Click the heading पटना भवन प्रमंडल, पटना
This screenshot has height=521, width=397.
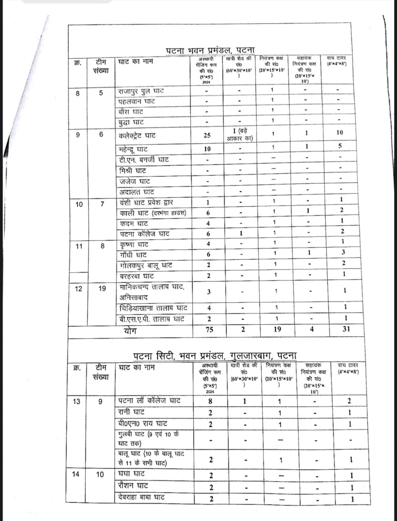pos(210,50)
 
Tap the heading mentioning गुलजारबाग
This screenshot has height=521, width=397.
pos(215,356)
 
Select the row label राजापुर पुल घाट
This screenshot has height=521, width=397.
pos(141,91)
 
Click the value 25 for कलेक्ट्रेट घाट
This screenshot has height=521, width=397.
pos(207,135)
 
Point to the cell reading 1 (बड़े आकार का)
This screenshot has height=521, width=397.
pos(240,135)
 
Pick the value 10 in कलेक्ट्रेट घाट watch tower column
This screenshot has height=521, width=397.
pos(339,132)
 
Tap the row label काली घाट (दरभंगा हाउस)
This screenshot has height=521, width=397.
pos(153,213)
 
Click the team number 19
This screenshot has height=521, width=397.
pos(102,289)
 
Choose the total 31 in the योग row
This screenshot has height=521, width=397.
pos(346,329)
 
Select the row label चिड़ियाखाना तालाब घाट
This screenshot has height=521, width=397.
pos(153,308)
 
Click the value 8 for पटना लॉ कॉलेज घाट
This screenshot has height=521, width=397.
pos(210,401)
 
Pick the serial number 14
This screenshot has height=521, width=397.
pos(76,474)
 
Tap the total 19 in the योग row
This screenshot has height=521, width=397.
pos(277,329)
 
